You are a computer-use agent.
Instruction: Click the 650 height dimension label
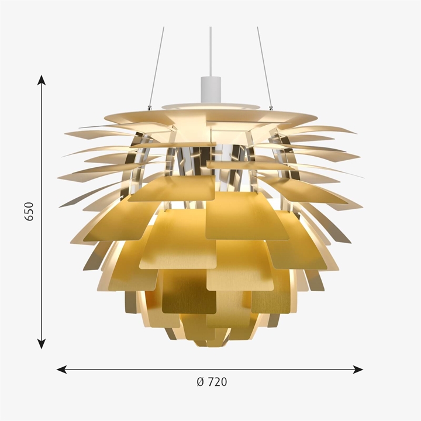pyautogui.click(x=29, y=212)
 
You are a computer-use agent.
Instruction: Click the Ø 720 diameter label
pyautogui.click(x=212, y=382)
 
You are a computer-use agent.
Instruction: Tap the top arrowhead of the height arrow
pyautogui.click(x=41, y=80)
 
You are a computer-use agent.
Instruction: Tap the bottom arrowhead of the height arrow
pyautogui.click(x=41, y=344)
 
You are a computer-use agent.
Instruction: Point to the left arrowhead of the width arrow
pyautogui.click(x=62, y=369)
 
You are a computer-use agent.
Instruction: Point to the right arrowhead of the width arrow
pyautogui.click(x=358, y=369)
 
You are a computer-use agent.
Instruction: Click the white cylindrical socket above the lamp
pyautogui.click(x=210, y=89)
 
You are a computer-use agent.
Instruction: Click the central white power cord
pyautogui.click(x=210, y=51)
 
